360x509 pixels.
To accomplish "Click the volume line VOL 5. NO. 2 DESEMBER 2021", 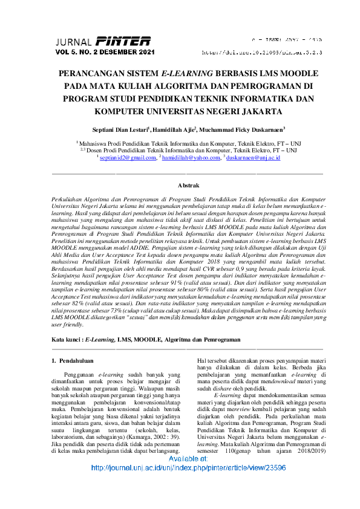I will click(x=105, y=53).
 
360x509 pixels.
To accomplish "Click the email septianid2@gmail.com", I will click(x=128, y=158).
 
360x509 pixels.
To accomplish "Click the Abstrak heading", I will click(x=188, y=185).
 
